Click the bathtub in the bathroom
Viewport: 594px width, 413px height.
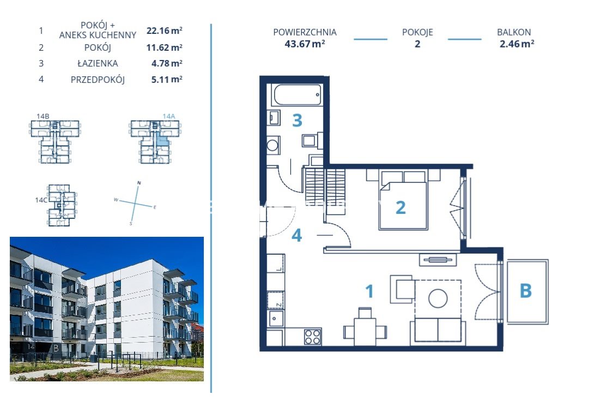click(297, 94)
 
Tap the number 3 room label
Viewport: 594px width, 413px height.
click(298, 121)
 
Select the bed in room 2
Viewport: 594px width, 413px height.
click(403, 200)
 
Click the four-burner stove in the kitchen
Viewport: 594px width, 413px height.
click(313, 337)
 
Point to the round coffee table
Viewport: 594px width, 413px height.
click(438, 298)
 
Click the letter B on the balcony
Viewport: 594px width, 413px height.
click(525, 291)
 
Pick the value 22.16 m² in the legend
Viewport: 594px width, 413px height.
click(165, 31)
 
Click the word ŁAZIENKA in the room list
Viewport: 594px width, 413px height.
click(98, 63)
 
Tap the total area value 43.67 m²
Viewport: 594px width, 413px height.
click(305, 44)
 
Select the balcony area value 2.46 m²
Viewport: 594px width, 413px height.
click(517, 44)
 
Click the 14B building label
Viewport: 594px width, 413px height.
click(43, 116)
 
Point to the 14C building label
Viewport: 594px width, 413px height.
click(41, 200)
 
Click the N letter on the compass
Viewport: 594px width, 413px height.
click(139, 183)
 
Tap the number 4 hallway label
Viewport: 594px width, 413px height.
click(296, 235)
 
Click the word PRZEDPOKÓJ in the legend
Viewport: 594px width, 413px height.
click(98, 80)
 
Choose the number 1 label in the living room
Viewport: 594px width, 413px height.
click(369, 291)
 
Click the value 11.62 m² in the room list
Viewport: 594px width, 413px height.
click(165, 47)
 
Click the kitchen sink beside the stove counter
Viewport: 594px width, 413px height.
click(275, 319)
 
